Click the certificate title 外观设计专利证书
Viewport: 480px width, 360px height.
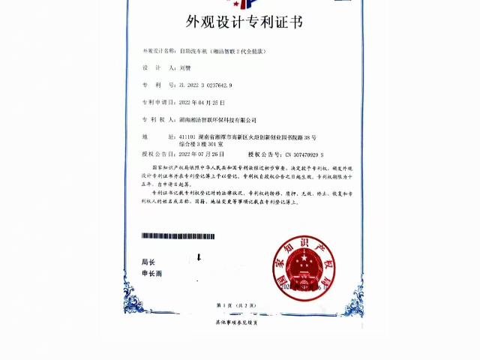pos(239,22)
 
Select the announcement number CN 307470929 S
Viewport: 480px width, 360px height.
pos(305,154)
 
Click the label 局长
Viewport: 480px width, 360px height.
pos(148,262)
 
